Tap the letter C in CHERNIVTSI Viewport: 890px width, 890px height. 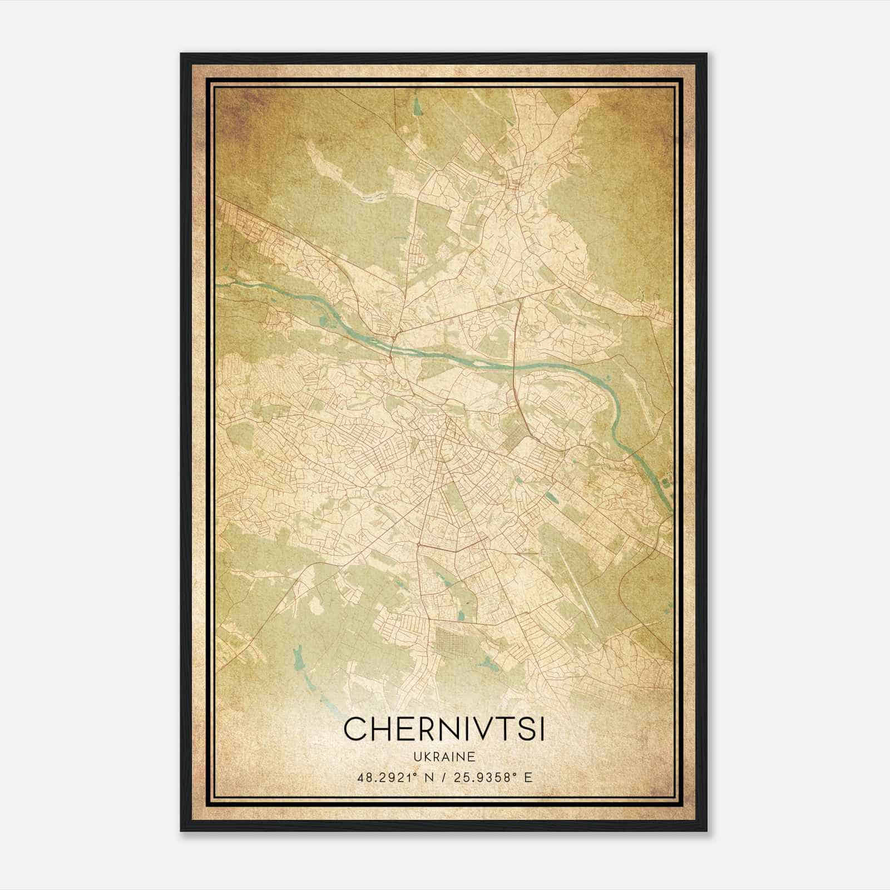356,729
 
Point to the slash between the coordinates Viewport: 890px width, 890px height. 444,777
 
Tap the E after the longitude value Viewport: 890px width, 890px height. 527,777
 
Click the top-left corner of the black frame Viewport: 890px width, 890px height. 181,55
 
